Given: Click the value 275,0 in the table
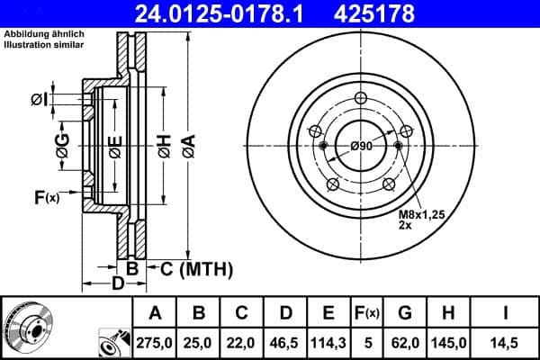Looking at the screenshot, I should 155,342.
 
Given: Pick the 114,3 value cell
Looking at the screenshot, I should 328,342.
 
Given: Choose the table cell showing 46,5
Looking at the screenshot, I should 285,342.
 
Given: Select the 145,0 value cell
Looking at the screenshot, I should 450,342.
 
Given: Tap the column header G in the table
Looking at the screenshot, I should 405,312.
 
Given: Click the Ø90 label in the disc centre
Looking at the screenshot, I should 362,147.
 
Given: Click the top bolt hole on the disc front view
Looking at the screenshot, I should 361,100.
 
